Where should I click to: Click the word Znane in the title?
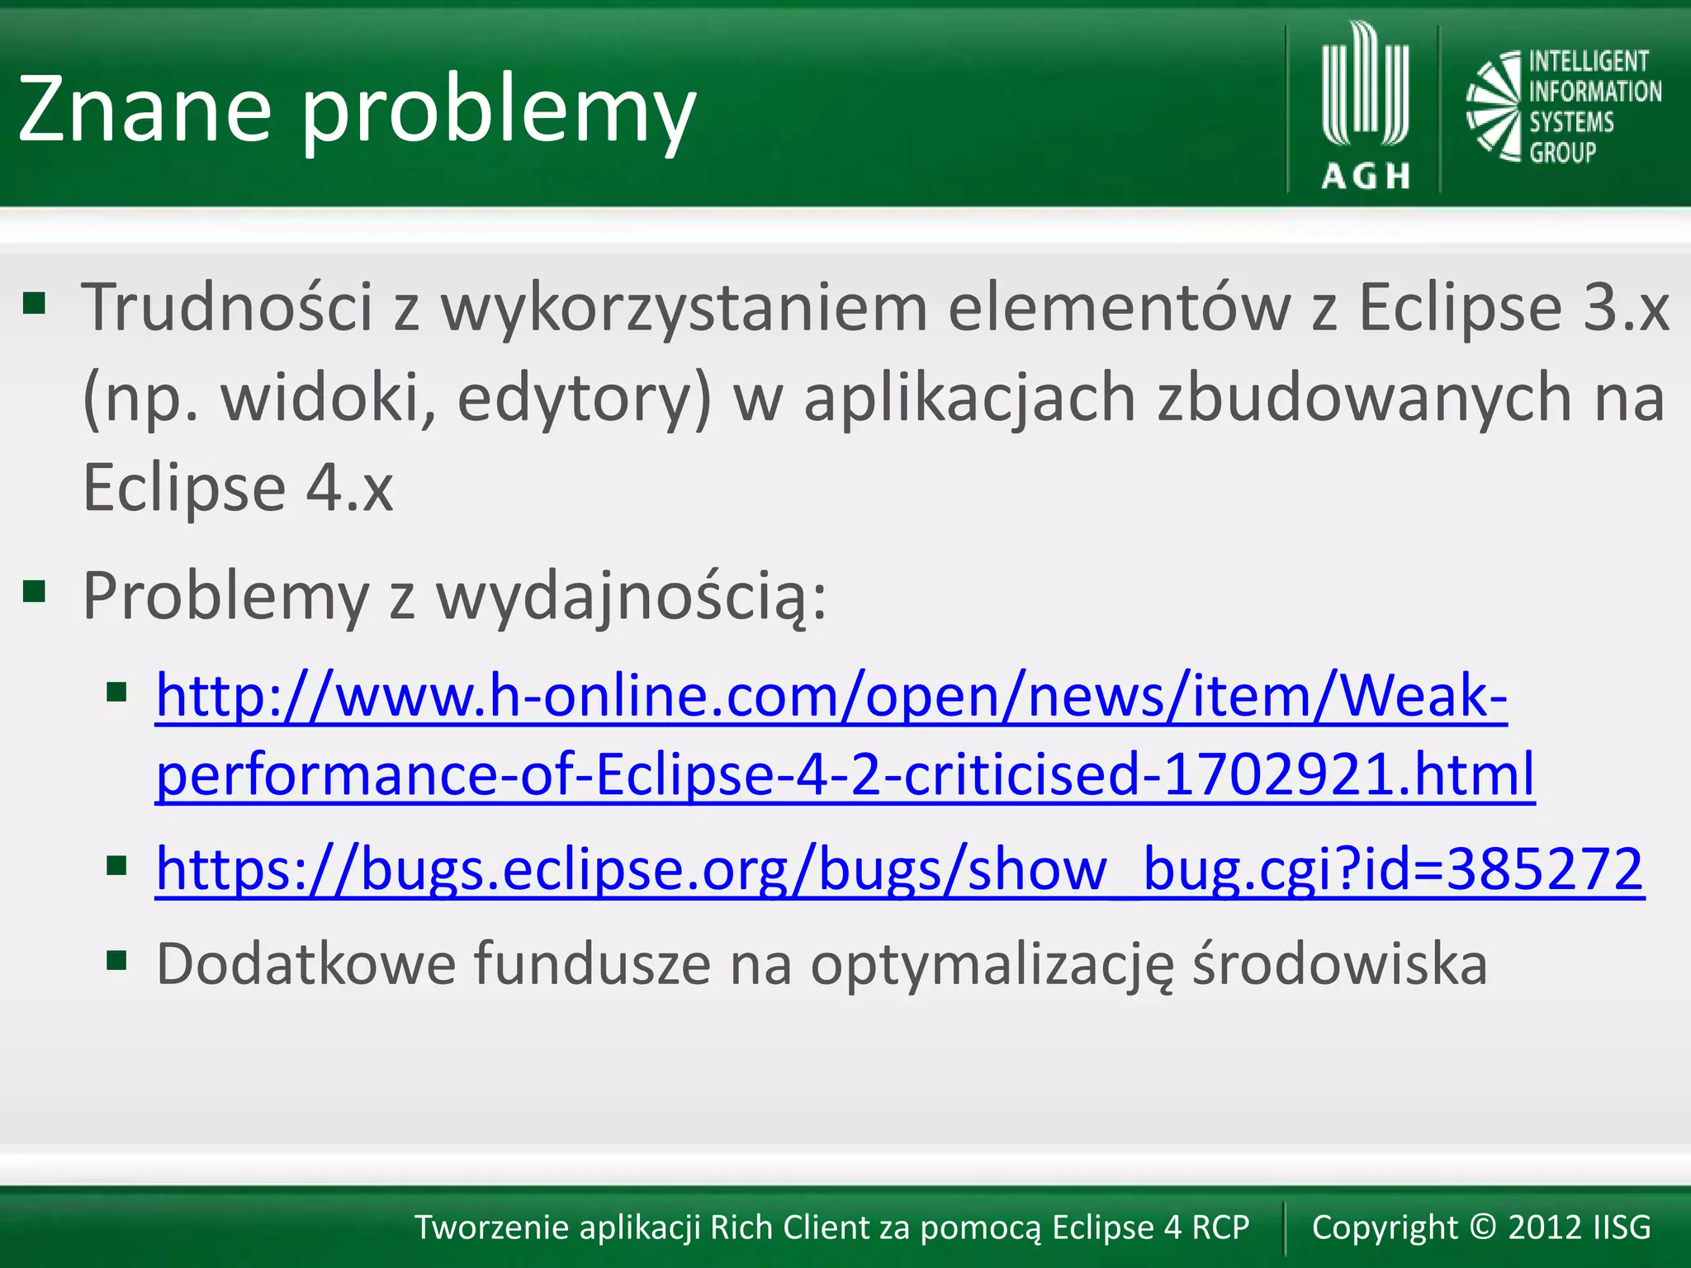(x=145, y=108)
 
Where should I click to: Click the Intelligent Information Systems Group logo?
(x=1563, y=106)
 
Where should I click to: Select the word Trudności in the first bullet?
(x=227, y=307)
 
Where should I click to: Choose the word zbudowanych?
(x=1363, y=398)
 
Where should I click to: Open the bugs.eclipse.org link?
(x=900, y=868)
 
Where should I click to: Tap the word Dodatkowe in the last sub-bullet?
(x=306, y=963)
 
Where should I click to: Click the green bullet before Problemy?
(x=34, y=592)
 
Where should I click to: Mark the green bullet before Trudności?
(x=34, y=303)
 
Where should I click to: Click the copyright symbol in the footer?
(x=1483, y=1227)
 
